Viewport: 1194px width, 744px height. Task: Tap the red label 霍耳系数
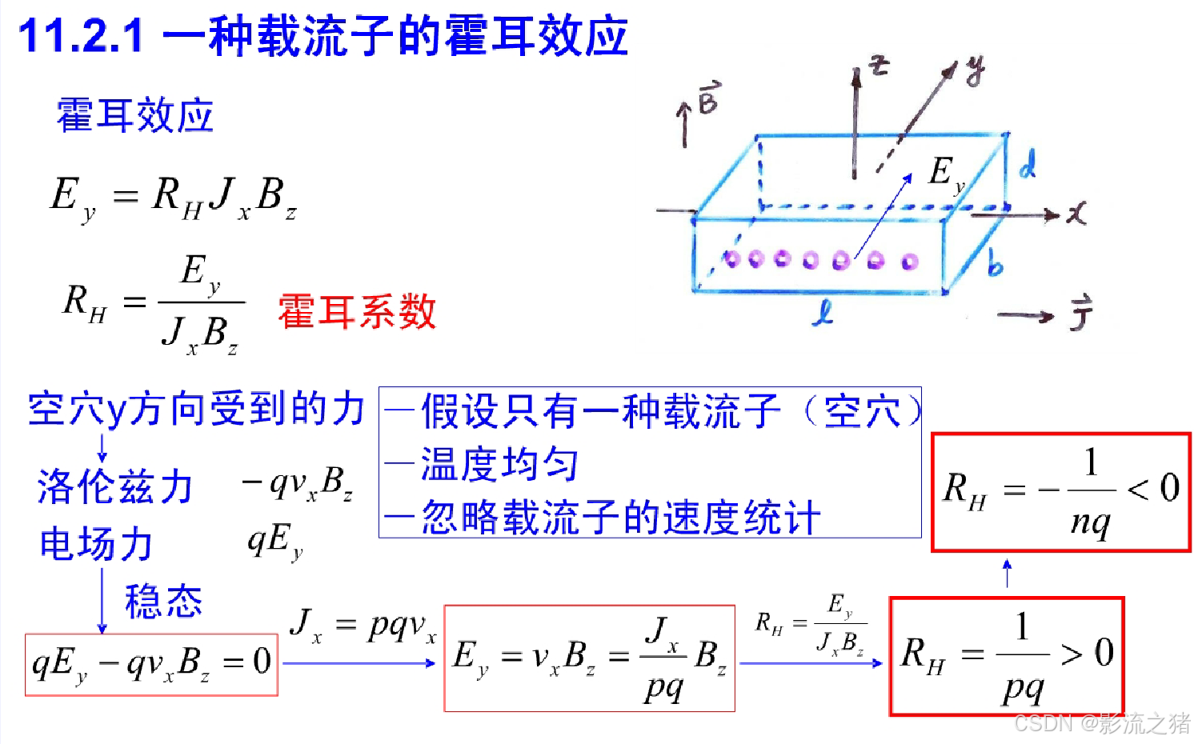click(x=357, y=311)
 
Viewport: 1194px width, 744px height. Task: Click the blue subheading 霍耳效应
click(x=134, y=115)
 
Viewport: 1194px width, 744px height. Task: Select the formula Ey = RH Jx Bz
click(x=174, y=198)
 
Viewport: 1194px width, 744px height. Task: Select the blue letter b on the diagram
click(x=995, y=262)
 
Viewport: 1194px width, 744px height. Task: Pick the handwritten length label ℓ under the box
click(x=823, y=313)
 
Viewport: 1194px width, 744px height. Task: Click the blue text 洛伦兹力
click(x=115, y=486)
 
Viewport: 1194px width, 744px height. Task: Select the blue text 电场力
click(x=96, y=544)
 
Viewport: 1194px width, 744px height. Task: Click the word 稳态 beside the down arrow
click(x=163, y=601)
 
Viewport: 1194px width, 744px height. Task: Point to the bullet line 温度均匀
click(x=498, y=464)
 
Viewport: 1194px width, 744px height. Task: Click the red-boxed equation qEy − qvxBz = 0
click(x=151, y=664)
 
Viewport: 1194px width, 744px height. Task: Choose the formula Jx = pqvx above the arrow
click(x=363, y=625)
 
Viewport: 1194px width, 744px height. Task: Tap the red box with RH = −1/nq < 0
click(x=1061, y=492)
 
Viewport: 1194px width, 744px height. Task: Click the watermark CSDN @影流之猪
click(x=1102, y=723)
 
